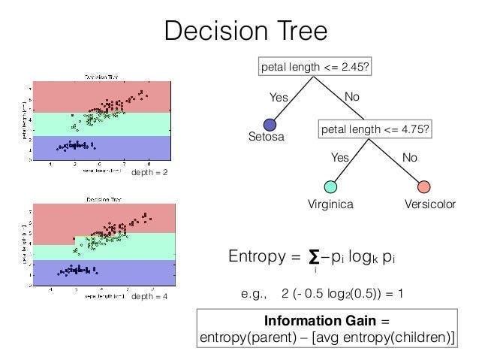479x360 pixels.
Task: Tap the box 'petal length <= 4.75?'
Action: pos(375,129)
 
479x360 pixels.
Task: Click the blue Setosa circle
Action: pos(270,126)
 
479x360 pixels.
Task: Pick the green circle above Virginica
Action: pos(330,186)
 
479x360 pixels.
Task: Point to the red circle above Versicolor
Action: pos(423,186)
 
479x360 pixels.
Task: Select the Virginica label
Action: pos(331,204)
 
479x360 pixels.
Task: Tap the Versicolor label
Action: pos(424,204)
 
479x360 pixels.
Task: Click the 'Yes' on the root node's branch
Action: pos(279,97)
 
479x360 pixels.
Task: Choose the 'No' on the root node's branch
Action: pos(351,97)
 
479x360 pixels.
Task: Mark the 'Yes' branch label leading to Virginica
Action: pos(340,158)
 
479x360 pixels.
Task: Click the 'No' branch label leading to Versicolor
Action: pos(410,158)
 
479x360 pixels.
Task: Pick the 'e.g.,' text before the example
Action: pos(255,292)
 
